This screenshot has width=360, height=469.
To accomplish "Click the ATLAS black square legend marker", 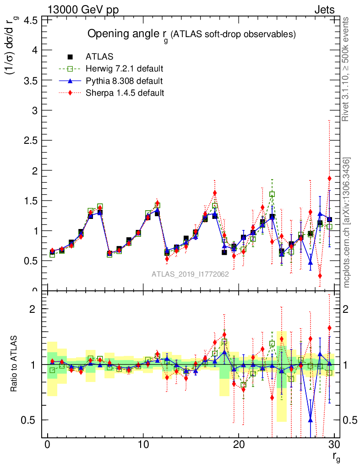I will click(x=70, y=57).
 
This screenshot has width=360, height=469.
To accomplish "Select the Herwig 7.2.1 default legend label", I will click(x=125, y=69).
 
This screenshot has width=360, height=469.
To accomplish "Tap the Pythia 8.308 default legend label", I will click(x=124, y=81).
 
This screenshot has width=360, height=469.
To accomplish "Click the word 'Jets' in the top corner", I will click(x=324, y=9).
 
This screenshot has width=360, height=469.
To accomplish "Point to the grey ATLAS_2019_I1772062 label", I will click(x=190, y=274).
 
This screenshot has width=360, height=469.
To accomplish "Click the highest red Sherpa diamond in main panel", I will click(x=329, y=178).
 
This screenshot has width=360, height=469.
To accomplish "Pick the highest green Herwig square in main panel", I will click(x=272, y=194).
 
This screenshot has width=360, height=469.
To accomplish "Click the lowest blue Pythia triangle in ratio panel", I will click(x=311, y=420).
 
